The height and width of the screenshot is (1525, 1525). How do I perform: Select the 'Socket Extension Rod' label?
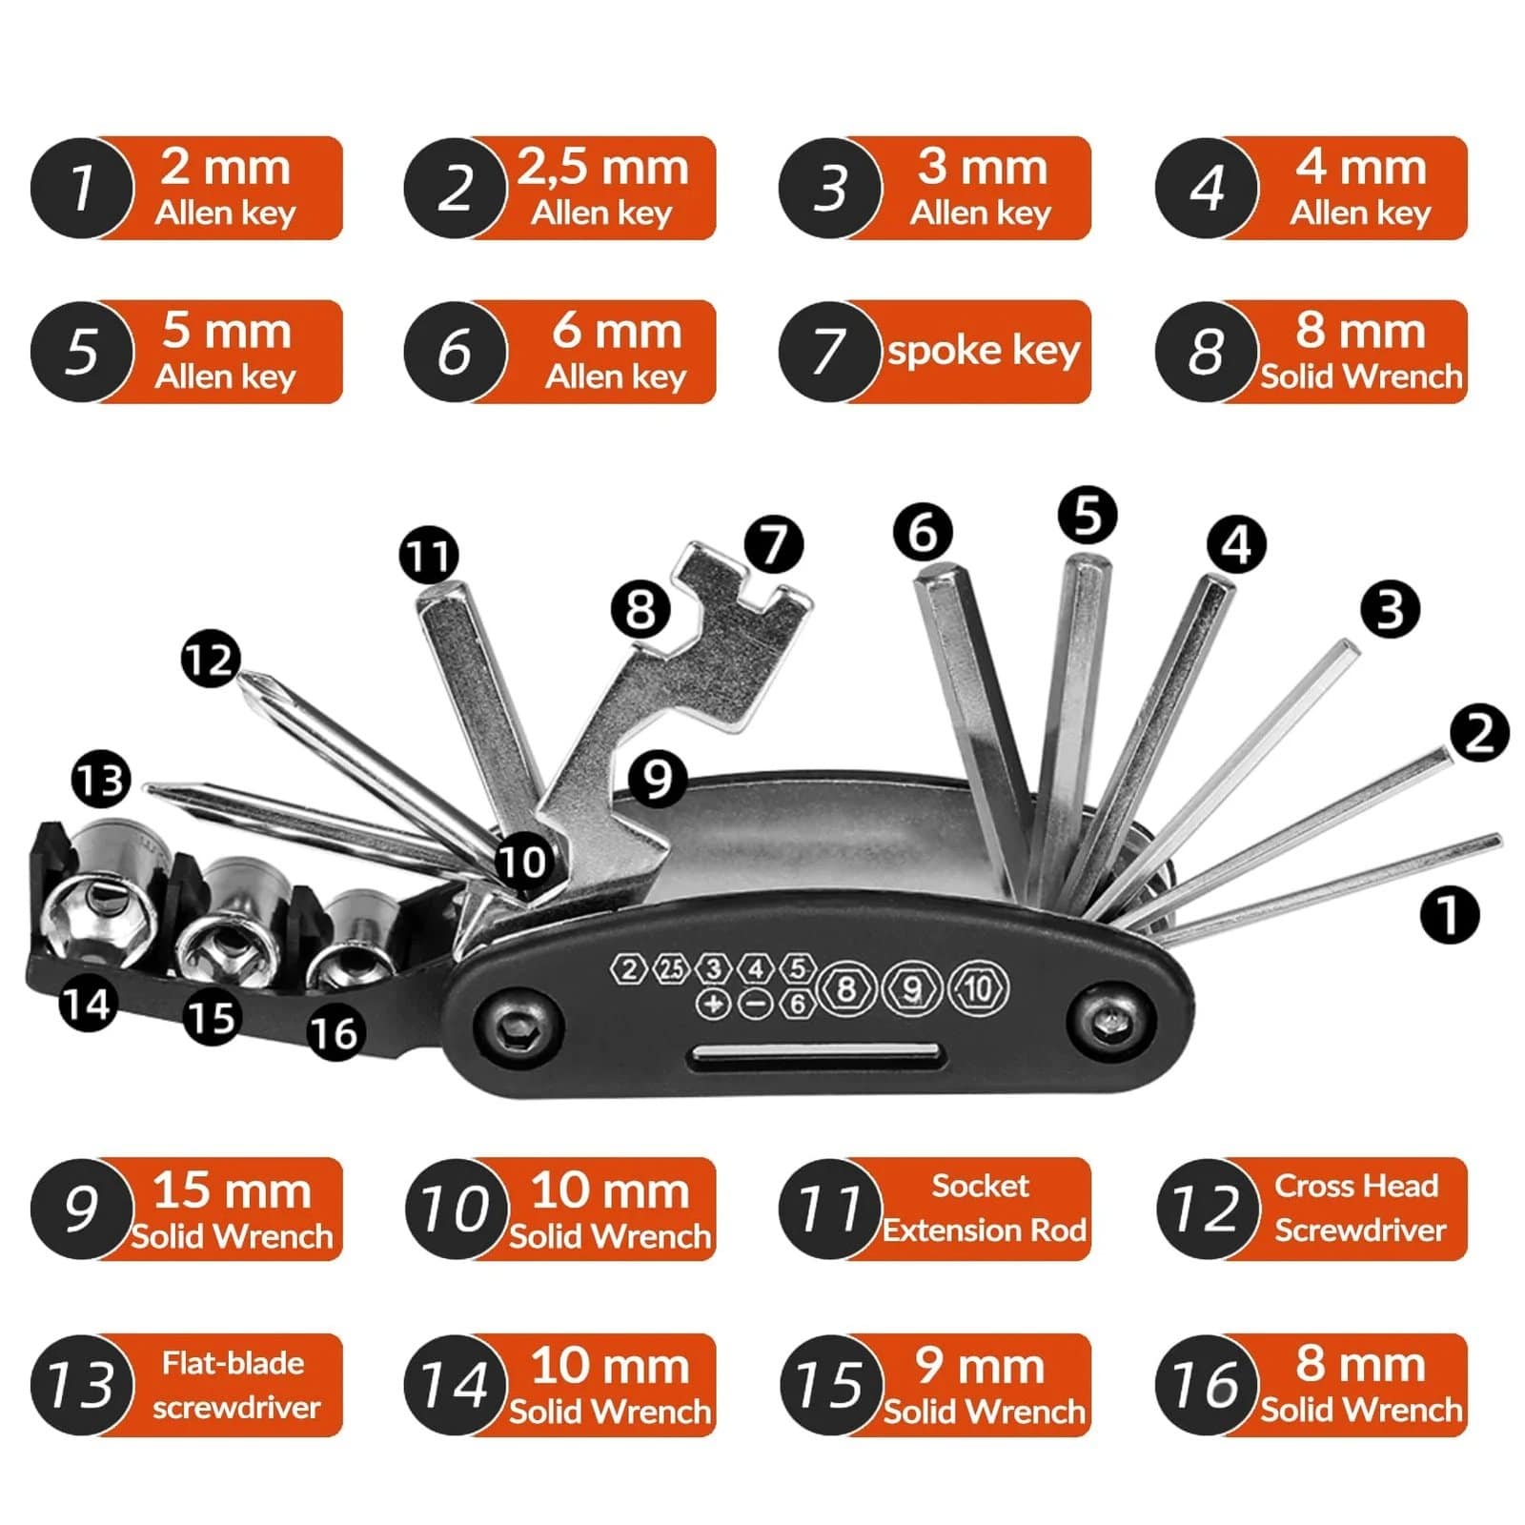(982, 1209)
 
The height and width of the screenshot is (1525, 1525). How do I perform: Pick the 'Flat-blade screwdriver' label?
(233, 1385)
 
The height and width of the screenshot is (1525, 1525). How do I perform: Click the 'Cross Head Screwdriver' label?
(1357, 1209)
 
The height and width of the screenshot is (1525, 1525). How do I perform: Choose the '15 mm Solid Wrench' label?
(231, 1209)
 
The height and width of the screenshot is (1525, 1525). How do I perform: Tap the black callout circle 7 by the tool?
(773, 544)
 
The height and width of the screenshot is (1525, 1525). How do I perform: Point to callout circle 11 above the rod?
(428, 555)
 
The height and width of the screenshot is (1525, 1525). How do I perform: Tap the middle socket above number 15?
(229, 939)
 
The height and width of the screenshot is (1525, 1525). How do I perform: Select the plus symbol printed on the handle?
(712, 1003)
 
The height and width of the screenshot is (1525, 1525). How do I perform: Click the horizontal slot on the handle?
(816, 1055)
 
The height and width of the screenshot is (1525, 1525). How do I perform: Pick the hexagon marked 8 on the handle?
(845, 989)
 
